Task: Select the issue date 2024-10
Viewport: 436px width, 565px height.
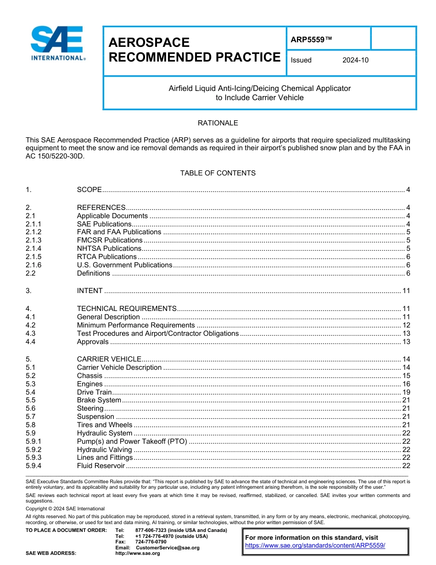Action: click(355, 60)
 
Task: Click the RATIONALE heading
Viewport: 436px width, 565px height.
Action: click(218, 123)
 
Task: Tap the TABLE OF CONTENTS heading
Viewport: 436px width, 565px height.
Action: click(218, 173)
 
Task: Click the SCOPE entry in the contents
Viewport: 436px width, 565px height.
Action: click(89, 190)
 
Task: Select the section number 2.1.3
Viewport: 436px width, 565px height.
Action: click(34, 240)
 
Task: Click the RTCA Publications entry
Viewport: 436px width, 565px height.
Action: click(106, 257)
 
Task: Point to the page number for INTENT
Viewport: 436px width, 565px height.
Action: click(406, 291)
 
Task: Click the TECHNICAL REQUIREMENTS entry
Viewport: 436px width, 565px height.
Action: click(127, 309)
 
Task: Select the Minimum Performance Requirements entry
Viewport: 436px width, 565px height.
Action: click(136, 325)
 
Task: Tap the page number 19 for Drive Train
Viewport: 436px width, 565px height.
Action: click(406, 392)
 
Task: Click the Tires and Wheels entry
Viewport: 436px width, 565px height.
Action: click(104, 425)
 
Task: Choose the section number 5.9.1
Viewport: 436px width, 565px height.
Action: click(34, 441)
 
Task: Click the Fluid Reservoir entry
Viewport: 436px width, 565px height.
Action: click(101, 466)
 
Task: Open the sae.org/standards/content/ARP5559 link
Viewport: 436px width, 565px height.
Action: click(315, 546)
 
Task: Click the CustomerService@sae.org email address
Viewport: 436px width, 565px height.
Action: click(168, 548)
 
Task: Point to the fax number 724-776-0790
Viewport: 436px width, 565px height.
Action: click(151, 542)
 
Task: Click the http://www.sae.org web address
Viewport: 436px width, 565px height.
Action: click(137, 554)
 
